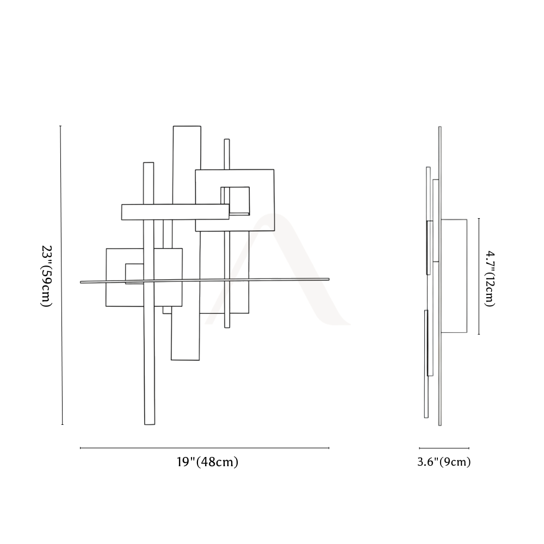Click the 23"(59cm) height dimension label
pyautogui.click(x=46, y=276)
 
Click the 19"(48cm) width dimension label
pyautogui.click(x=207, y=462)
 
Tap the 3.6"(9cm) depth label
pyautogui.click(x=444, y=462)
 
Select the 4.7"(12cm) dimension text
pyautogui.click(x=490, y=279)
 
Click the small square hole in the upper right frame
pyautogui.click(x=235, y=201)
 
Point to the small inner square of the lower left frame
pyautogui.click(x=134, y=274)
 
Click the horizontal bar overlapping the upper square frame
pyautogui.click(x=175, y=212)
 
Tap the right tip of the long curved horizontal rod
pyautogui.click(x=329, y=279)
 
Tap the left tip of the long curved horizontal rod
pyautogui.click(x=81, y=282)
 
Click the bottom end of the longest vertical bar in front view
pyautogui.click(x=150, y=424)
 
